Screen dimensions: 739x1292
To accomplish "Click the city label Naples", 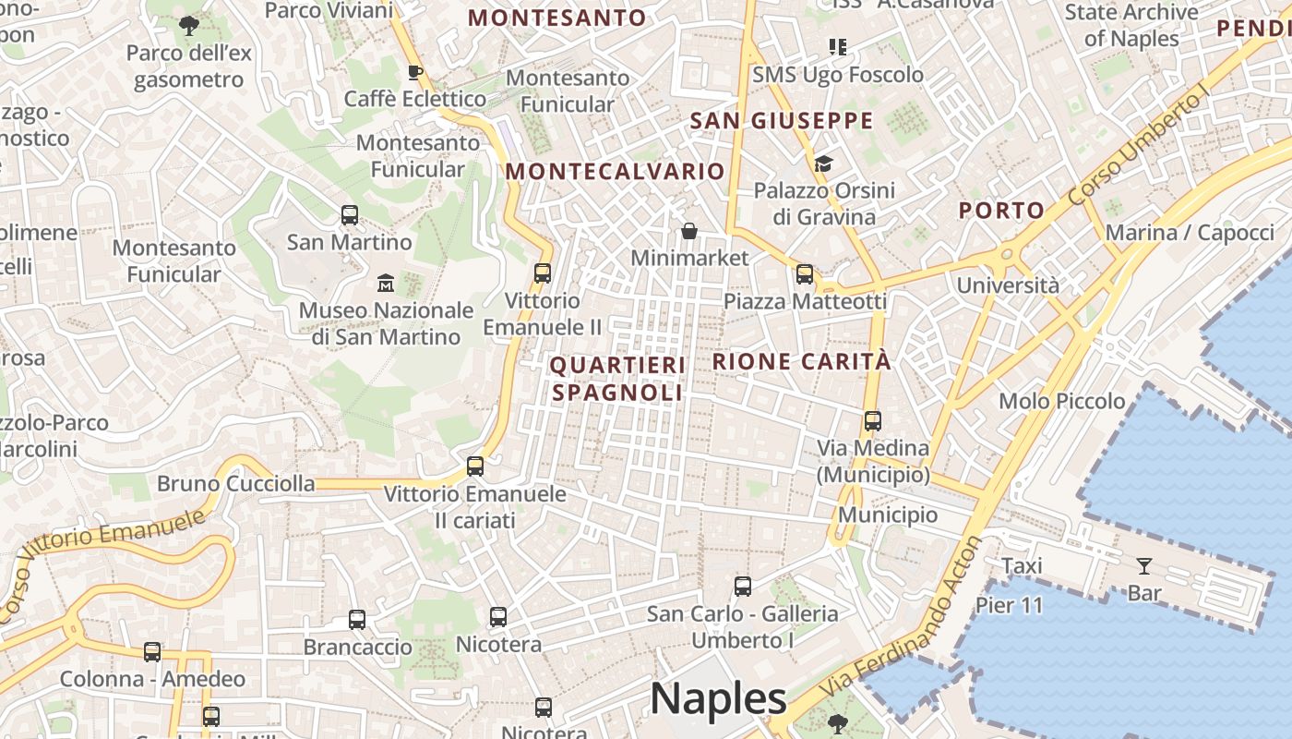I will [x=718, y=698].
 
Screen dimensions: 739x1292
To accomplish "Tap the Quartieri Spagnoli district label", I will [x=617, y=379].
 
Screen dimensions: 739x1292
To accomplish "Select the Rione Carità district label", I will [x=802, y=361].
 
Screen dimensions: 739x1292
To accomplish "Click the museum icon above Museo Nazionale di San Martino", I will [x=386, y=282].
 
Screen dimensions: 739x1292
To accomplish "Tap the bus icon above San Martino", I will [x=350, y=215].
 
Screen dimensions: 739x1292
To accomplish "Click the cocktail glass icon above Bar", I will [x=1144, y=565].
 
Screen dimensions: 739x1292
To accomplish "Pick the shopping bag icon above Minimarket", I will [x=688, y=230].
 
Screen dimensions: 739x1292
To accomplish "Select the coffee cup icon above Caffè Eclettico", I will [x=415, y=71].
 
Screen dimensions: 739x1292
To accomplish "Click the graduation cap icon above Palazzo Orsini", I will [x=823, y=164].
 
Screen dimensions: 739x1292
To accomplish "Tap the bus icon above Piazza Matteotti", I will [x=805, y=273].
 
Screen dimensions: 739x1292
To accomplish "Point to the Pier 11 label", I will [x=1009, y=606].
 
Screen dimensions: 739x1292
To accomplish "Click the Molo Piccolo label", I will [x=1062, y=401].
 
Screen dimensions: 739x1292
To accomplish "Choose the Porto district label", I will [x=1001, y=211].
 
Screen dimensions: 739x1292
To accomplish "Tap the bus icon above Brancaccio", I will [x=357, y=619].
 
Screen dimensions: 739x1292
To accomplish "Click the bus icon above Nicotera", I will [x=498, y=616].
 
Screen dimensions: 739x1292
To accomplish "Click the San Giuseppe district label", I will [x=782, y=121].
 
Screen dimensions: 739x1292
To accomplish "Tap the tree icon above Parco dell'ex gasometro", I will [x=189, y=25].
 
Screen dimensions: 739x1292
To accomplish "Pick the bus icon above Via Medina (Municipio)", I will [x=873, y=421].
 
